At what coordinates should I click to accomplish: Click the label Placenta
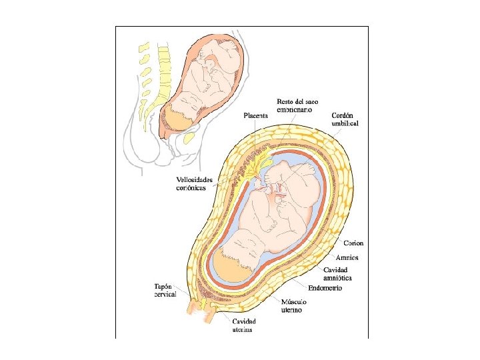(x=255, y=115)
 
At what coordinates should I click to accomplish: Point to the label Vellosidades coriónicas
(x=195, y=183)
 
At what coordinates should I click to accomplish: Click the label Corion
(x=353, y=243)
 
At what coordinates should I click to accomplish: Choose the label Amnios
(x=347, y=257)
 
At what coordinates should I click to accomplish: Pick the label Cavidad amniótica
(x=338, y=273)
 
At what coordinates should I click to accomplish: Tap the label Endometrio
(x=325, y=288)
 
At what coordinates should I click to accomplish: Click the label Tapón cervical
(x=165, y=291)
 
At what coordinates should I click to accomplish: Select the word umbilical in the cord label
(x=345, y=123)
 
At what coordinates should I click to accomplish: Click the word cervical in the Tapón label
(x=165, y=295)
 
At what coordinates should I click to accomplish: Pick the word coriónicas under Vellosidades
(x=195, y=188)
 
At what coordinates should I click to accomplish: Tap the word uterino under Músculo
(x=290, y=310)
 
